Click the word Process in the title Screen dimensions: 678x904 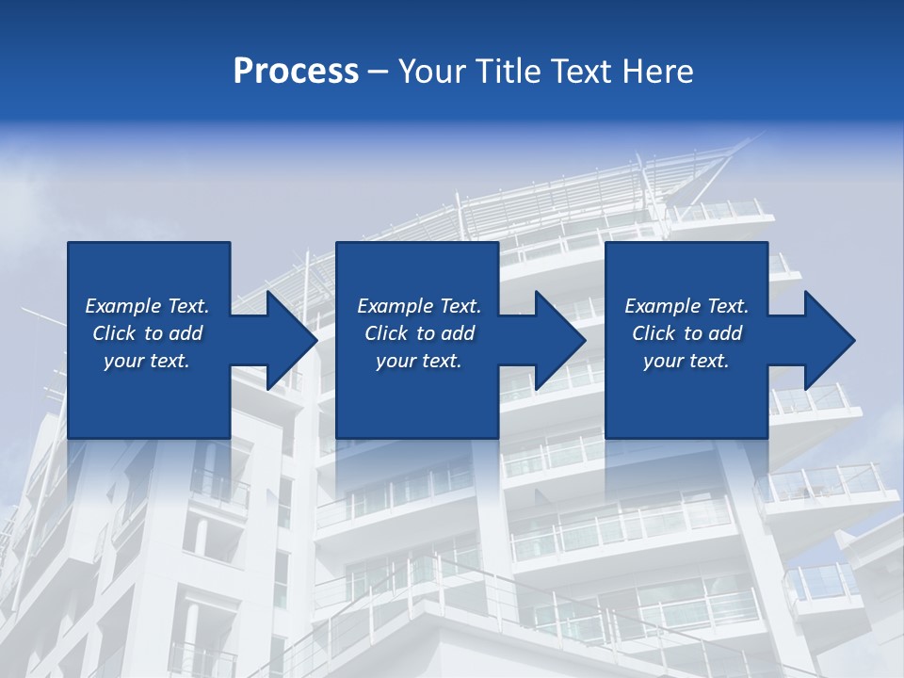click(296, 72)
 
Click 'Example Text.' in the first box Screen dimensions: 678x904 click(147, 306)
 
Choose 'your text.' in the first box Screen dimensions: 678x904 click(147, 361)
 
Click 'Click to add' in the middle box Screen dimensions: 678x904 click(419, 333)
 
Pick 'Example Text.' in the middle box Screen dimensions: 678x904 click(419, 306)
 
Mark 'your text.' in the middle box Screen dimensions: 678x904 click(419, 361)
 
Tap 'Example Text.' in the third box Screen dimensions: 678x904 click(686, 306)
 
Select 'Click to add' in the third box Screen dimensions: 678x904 click(686, 333)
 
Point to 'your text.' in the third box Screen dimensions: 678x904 click(686, 361)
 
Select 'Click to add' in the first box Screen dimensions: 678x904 click(147, 333)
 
